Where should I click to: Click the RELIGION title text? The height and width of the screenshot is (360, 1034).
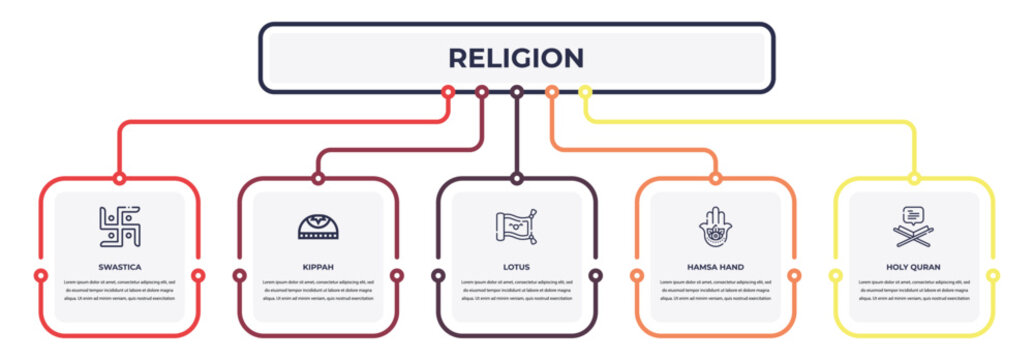(516, 58)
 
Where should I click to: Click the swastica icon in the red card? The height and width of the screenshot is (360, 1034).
(120, 227)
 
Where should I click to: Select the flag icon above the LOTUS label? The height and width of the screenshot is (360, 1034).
(516, 227)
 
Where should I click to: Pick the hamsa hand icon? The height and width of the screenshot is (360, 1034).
(715, 227)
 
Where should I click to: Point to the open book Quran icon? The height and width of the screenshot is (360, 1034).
(913, 227)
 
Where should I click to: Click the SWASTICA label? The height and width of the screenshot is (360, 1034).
(120, 267)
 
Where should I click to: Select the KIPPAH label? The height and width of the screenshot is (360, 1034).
(318, 267)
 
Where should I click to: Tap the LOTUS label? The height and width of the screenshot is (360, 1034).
(516, 267)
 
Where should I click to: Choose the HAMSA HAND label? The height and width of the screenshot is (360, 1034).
(715, 267)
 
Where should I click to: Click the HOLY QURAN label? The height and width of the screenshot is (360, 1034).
(913, 267)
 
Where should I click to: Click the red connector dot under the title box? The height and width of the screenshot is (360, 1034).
(448, 92)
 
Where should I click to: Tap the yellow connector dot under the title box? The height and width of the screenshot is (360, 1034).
(585, 92)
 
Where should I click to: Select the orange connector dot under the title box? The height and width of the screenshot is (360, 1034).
(551, 92)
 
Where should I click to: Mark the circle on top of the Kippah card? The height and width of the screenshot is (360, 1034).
(318, 179)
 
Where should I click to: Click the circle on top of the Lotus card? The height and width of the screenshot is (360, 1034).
(516, 179)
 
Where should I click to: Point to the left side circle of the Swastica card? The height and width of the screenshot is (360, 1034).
(40, 275)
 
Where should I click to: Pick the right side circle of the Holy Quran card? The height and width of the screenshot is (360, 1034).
(993, 275)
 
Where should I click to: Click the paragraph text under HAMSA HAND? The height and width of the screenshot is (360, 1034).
(715, 290)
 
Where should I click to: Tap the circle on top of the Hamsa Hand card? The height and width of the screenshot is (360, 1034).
(715, 179)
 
